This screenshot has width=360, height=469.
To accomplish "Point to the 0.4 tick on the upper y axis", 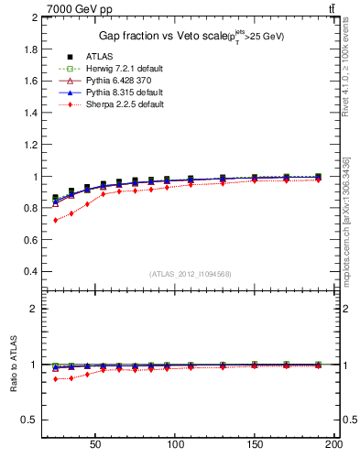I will pyautogui.click(x=32, y=272).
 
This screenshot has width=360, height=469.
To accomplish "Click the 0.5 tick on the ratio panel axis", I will pyautogui.click(x=32, y=420).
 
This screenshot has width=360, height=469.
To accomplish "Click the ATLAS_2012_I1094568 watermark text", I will pyautogui.click(x=190, y=274).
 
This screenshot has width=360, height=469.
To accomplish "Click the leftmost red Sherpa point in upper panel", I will pyautogui.click(x=56, y=220).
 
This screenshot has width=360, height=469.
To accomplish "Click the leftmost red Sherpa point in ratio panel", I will pyautogui.click(x=56, y=378).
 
